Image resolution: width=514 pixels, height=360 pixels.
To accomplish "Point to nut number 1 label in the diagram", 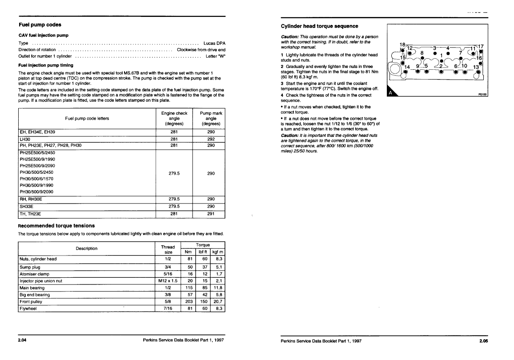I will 441,56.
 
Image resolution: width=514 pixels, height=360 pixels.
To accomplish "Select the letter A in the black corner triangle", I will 390,93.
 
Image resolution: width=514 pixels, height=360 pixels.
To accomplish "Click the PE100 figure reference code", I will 482,95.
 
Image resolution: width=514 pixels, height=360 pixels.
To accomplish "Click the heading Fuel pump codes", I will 40,24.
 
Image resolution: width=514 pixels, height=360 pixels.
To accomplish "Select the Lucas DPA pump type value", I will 214,43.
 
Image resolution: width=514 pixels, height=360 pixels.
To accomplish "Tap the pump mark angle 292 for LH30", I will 211,139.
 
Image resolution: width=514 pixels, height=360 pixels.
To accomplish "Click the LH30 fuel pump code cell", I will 26,139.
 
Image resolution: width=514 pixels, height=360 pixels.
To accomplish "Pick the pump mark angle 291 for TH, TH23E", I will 211,214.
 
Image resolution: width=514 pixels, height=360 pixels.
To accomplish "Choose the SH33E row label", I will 28,206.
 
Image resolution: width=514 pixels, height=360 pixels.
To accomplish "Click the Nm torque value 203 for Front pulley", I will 189,301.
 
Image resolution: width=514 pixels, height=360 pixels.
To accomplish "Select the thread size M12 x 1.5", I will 168,281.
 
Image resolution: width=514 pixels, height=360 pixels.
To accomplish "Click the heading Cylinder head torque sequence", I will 320,26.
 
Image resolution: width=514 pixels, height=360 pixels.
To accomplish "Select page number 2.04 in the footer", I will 22,341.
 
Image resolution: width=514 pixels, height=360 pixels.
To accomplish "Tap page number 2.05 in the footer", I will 483,341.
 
